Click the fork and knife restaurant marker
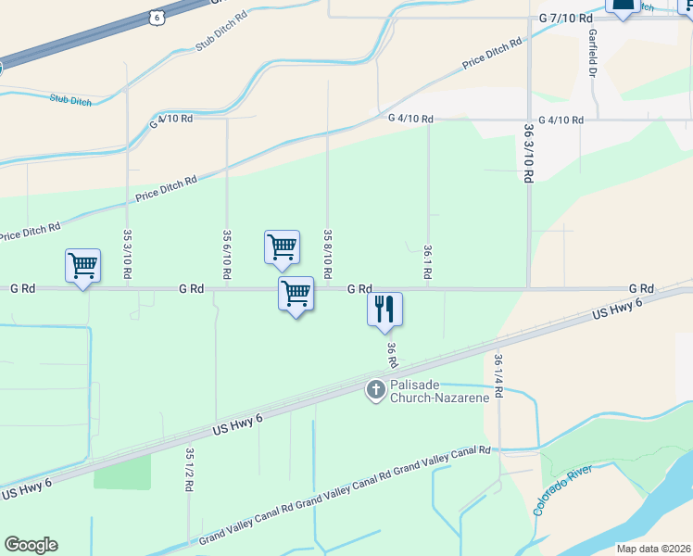[x=384, y=309]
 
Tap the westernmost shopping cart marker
[x=82, y=266]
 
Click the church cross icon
[x=376, y=389]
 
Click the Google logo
[x=31, y=545]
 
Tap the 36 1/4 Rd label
[x=498, y=375]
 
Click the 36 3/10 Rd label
[x=528, y=153]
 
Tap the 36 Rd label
[x=392, y=354]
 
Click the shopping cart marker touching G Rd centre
[x=296, y=294]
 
